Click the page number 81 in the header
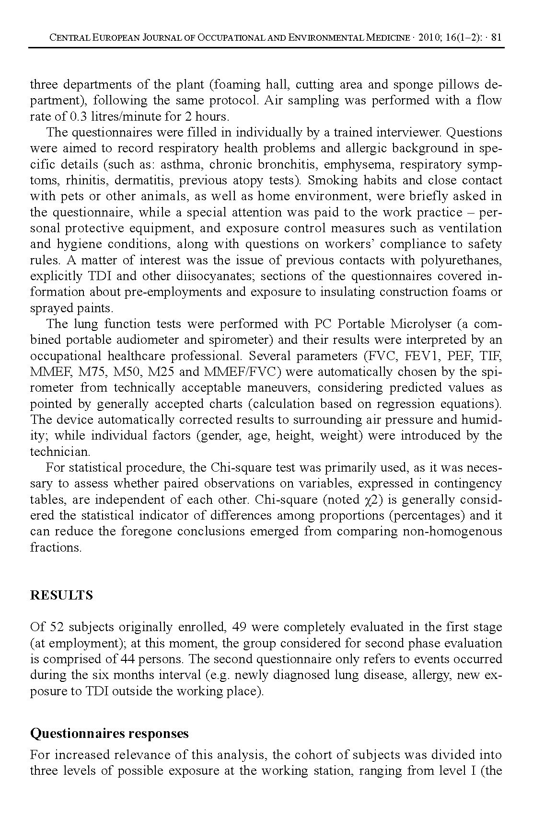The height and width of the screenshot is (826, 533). (497, 38)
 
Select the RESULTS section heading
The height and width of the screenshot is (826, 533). (61, 596)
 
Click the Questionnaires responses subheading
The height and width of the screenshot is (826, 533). (109, 734)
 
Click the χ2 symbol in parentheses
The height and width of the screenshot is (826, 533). (371, 499)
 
